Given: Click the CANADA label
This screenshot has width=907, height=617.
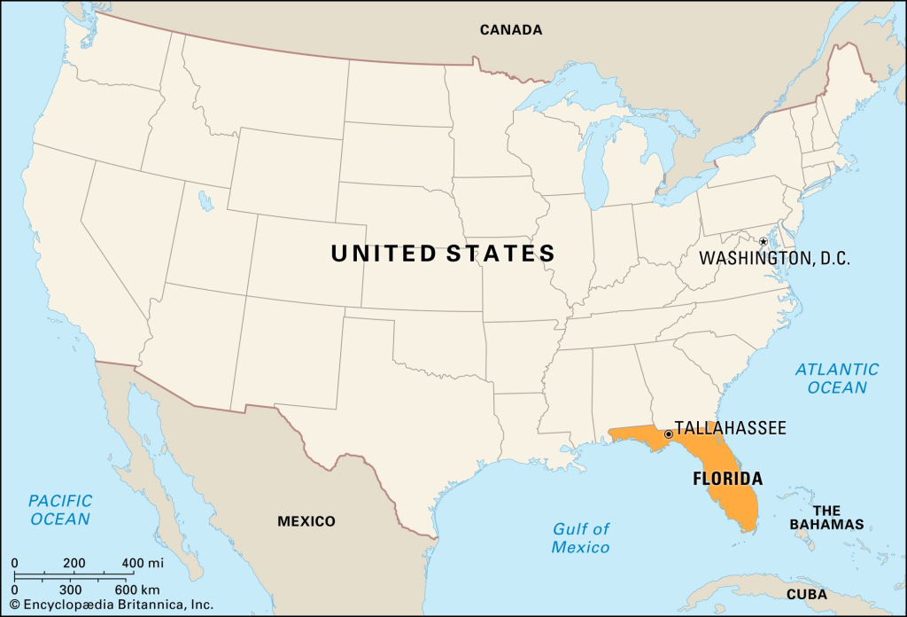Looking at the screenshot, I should point(511,29).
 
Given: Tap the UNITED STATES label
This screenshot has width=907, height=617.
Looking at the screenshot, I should point(443,254).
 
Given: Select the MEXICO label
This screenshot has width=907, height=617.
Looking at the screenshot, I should point(306,520).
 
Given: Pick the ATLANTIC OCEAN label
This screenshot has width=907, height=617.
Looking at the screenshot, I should point(837,378).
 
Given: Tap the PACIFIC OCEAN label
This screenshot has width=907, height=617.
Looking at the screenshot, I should point(60,510).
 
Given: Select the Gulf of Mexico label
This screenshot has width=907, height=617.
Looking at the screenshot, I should point(581,538).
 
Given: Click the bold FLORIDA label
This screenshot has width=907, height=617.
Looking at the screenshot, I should point(726,479).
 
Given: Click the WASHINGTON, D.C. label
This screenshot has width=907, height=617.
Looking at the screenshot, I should point(774,259).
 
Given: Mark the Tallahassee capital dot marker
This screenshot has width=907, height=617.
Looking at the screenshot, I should point(668,434).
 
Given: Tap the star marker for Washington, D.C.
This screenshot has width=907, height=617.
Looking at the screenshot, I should point(763,241).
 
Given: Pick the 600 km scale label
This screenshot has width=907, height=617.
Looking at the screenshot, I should point(138,590).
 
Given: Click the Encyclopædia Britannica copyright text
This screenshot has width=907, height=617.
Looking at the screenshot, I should point(111,605).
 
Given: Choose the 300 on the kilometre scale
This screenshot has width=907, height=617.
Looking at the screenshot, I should point(72,590).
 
